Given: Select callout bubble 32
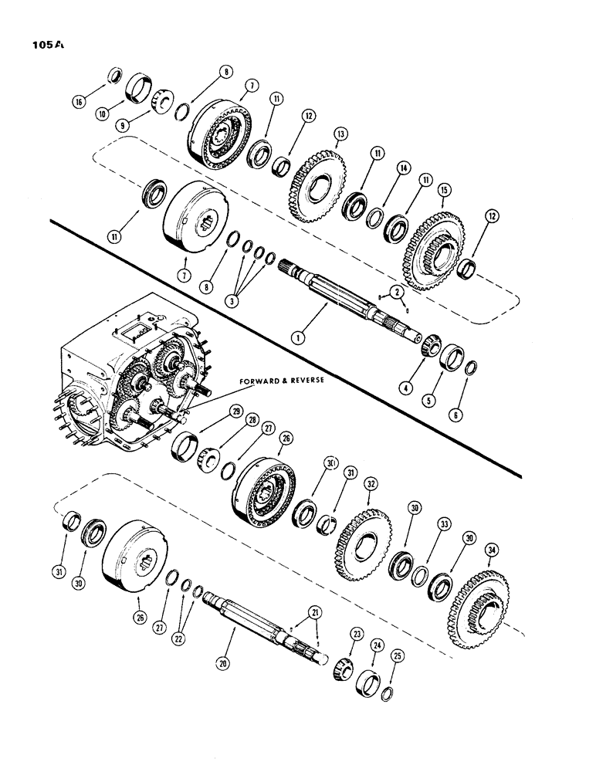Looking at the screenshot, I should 371,486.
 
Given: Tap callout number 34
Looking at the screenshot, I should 493,550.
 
